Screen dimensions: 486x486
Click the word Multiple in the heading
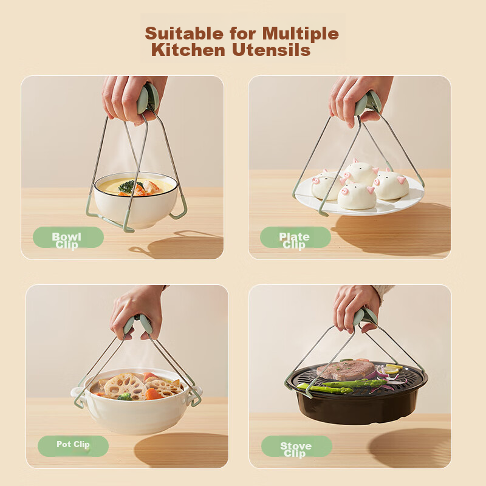[300, 33]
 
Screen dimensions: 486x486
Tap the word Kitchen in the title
[188, 50]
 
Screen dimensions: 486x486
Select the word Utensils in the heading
[271, 50]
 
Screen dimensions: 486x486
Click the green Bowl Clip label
[68, 238]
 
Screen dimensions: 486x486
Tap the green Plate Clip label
[295, 238]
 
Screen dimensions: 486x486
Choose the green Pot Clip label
[73, 446]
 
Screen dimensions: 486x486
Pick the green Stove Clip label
[296, 446]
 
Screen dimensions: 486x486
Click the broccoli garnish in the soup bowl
[128, 186]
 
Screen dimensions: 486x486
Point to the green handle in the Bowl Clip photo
[148, 98]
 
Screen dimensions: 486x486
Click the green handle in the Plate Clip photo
[368, 103]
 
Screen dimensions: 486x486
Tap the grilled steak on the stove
[345, 370]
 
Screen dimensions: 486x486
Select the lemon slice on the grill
[392, 369]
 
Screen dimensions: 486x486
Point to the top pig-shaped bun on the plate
[361, 173]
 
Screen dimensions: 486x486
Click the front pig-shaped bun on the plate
[357, 196]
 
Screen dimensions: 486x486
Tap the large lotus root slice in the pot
[125, 386]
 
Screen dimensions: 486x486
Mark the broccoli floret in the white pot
[125, 397]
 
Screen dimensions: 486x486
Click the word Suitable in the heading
[184, 33]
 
